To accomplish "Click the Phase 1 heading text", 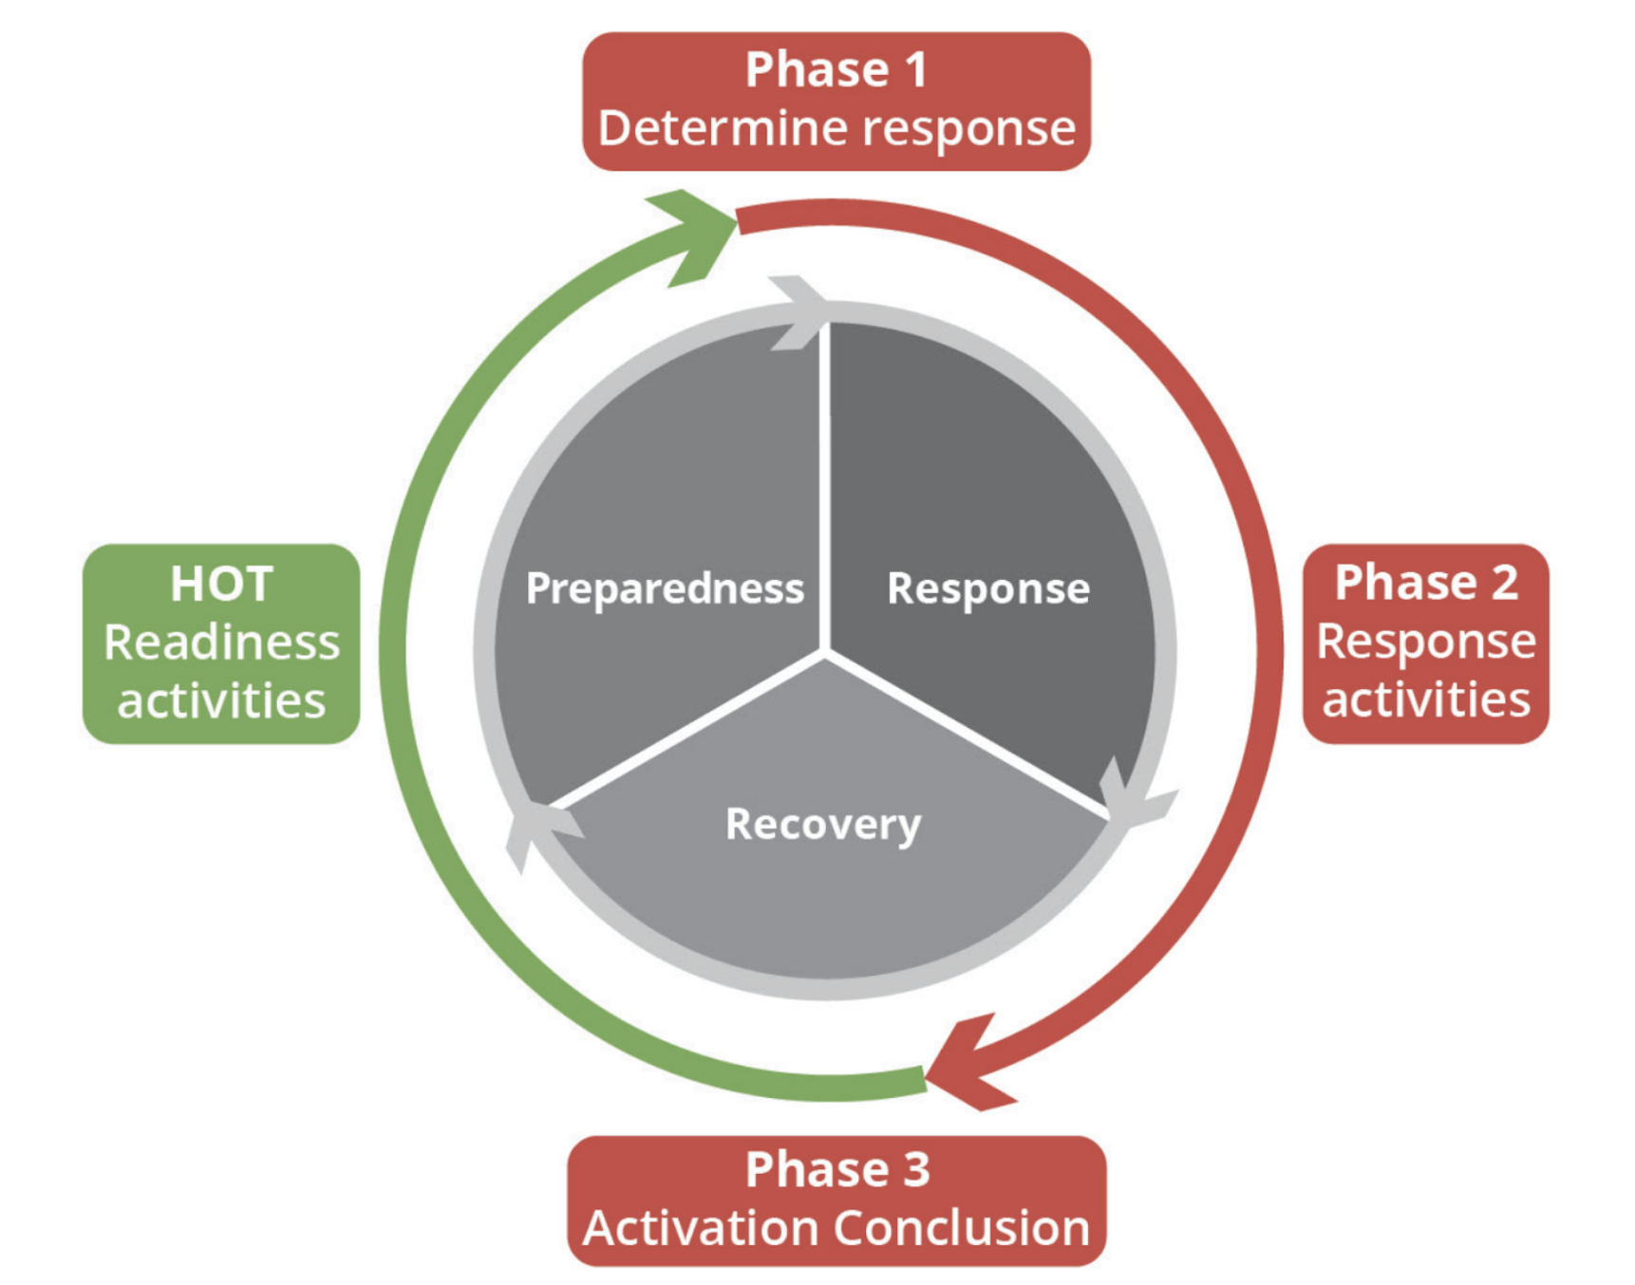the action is coord(836,70).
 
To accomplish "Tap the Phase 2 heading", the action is coord(1426,582).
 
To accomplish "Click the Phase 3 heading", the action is coord(836,1168).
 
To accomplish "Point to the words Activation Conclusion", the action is coord(836,1228).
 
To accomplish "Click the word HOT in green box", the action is coord(221,584).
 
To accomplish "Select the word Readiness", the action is coord(221,642).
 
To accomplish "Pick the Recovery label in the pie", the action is coord(823,825).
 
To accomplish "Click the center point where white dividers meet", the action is coord(825,653).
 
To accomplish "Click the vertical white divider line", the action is coord(825,487).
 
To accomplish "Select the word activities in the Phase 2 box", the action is coord(1426,700).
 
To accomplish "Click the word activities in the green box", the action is coord(221,701).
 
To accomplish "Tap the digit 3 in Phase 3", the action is coord(916,1169).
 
